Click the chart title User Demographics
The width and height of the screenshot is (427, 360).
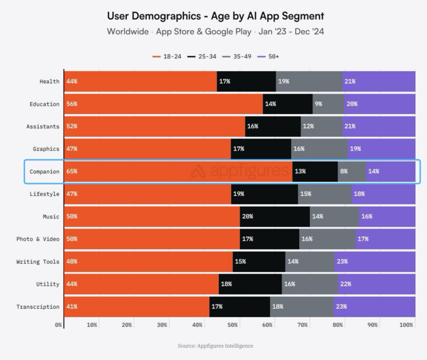click(215, 16)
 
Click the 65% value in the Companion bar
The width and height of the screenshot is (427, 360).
click(72, 171)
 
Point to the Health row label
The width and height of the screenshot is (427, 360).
click(50, 81)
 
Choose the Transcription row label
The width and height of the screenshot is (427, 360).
click(38, 307)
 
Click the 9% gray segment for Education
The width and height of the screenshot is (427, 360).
click(328, 104)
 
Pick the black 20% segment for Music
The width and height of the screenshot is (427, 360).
click(275, 216)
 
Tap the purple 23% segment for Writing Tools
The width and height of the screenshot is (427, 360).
click(375, 261)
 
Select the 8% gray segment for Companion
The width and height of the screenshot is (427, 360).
click(352, 171)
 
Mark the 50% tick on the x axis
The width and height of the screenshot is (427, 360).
click(232, 325)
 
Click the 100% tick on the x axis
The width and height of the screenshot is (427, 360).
click(406, 325)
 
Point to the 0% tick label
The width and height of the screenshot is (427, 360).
click(58, 325)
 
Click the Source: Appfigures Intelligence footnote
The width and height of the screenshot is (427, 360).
click(215, 346)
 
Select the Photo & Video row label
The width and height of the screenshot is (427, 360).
click(38, 239)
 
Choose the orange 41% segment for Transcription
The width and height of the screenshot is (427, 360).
click(136, 307)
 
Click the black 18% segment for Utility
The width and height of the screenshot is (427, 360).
click(250, 284)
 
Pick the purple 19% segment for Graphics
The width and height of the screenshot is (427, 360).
click(381, 149)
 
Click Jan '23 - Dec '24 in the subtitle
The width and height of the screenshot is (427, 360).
click(291, 31)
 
